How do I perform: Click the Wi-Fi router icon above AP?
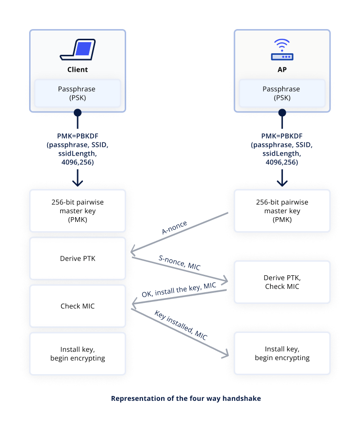(282, 50)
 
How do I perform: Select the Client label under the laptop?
(77, 69)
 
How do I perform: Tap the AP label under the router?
(282, 69)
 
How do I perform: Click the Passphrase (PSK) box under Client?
(77, 93)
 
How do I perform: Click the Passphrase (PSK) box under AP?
(282, 93)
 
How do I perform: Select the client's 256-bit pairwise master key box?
(77, 211)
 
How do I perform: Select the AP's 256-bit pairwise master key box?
(282, 211)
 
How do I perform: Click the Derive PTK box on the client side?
(77, 258)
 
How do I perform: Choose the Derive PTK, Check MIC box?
(282, 282)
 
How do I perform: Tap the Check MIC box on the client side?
(77, 306)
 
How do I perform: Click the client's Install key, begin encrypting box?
(77, 353)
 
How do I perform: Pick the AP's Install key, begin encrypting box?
(282, 353)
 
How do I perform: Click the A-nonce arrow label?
(175, 227)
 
